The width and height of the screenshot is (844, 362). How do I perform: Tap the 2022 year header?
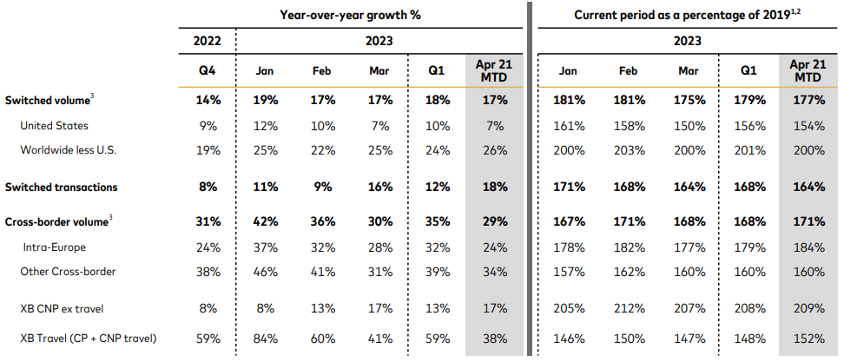click(x=208, y=41)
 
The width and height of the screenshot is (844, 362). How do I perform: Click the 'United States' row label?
click(x=54, y=126)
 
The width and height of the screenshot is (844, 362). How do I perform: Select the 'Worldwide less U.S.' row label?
click(x=68, y=150)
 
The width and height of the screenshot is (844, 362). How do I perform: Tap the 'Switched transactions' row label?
click(x=61, y=187)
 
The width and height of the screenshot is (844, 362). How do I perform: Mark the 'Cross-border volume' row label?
click(x=56, y=222)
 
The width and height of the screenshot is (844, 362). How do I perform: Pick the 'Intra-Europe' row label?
click(x=54, y=247)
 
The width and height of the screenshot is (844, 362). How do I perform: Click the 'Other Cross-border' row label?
click(x=68, y=272)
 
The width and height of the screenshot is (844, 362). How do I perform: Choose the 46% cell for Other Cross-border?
click(x=265, y=272)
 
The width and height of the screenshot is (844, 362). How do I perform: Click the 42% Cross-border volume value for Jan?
click(x=265, y=222)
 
